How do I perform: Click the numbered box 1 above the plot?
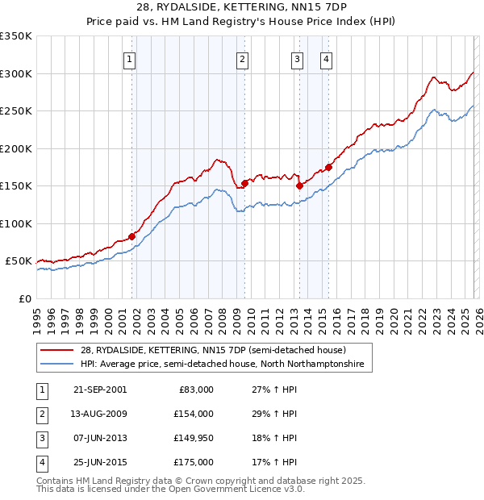[x=130, y=58]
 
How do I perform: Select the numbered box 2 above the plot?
[x=242, y=58]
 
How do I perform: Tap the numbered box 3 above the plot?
[x=297, y=58]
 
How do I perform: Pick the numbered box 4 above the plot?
[x=326, y=58]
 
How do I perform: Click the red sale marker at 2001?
[x=131, y=236]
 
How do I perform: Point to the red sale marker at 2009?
[x=244, y=183]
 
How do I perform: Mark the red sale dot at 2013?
[x=299, y=185]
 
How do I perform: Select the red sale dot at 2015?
[x=328, y=167]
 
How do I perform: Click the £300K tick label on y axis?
[x=16, y=73]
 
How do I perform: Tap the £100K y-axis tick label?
[x=16, y=223]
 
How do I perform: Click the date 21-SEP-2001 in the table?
[x=99, y=390]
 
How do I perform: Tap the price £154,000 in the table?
[x=194, y=414]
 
